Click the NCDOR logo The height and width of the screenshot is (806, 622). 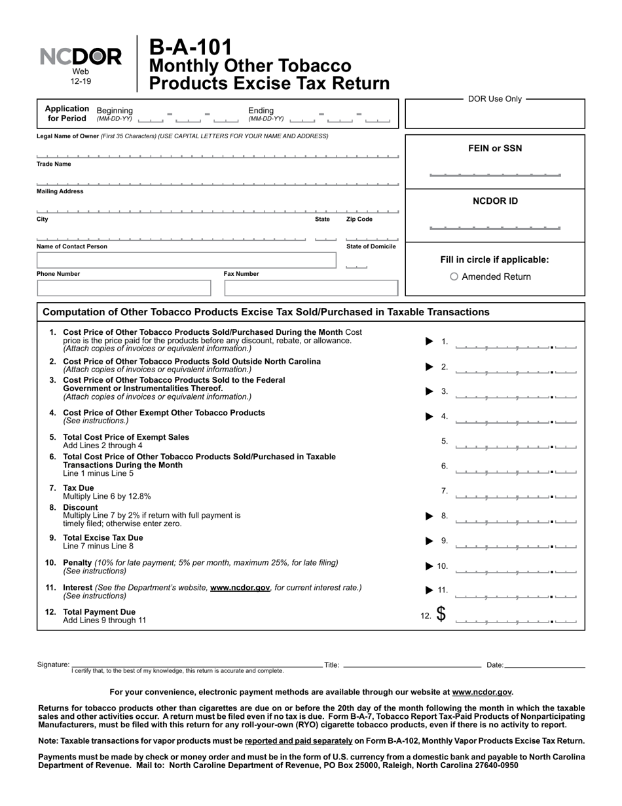tap(81, 58)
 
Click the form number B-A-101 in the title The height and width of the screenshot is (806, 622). tap(191, 47)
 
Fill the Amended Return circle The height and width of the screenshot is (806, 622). tap(454, 277)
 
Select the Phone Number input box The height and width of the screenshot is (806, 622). tap(124, 288)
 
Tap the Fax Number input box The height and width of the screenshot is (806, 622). tap(311, 288)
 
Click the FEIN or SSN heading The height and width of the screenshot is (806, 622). tap(495, 148)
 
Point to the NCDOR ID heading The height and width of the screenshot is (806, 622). tap(495, 201)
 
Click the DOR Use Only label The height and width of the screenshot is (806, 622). tap(495, 99)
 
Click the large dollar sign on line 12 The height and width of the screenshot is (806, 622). tap(441, 614)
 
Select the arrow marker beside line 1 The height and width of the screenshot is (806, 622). tap(430, 341)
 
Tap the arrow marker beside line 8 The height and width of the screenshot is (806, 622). tap(430, 516)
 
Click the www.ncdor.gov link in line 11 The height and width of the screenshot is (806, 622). tap(240, 588)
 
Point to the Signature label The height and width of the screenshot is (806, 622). tap(53, 665)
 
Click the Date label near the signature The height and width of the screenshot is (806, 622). tap(494, 665)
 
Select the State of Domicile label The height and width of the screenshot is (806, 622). tap(371, 246)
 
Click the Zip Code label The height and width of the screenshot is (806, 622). tap(359, 220)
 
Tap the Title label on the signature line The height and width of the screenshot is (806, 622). tap(331, 665)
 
